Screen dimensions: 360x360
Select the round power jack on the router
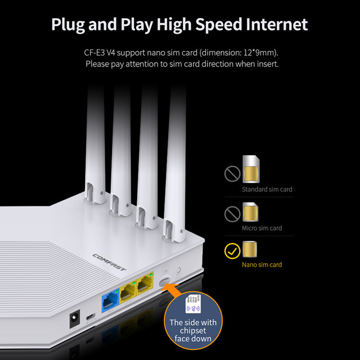[x=73, y=321]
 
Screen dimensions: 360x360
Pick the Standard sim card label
[x=267, y=190]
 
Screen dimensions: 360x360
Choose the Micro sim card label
[x=262, y=228]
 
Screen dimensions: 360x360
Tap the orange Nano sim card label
[x=262, y=264]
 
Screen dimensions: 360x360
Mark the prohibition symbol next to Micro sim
[x=232, y=213]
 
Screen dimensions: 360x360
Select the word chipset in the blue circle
[x=193, y=331]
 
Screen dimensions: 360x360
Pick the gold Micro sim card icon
[x=249, y=213]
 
